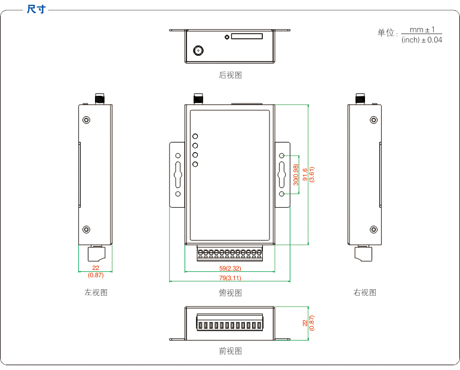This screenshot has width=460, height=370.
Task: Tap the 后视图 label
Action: click(230, 75)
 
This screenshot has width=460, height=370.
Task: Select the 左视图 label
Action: click(96, 293)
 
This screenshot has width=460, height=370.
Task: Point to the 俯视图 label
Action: click(230, 293)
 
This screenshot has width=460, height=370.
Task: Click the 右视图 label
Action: click(364, 293)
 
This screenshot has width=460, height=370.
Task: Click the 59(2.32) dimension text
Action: click(230, 269)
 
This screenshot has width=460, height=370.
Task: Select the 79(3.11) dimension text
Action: click(230, 278)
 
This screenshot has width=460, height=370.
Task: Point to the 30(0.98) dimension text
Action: click(296, 174)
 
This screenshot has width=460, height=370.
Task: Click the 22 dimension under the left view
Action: click(96, 268)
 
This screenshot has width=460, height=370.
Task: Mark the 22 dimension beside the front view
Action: click(305, 323)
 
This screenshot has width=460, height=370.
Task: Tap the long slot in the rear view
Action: click(247, 37)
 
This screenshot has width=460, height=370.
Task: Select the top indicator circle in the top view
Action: click(195, 136)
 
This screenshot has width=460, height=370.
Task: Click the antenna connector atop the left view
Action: click(99, 98)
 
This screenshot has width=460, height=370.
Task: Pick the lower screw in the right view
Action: click(374, 229)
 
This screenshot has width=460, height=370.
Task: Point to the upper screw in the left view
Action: click(86, 120)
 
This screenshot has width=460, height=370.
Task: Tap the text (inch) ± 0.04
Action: click(422, 40)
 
